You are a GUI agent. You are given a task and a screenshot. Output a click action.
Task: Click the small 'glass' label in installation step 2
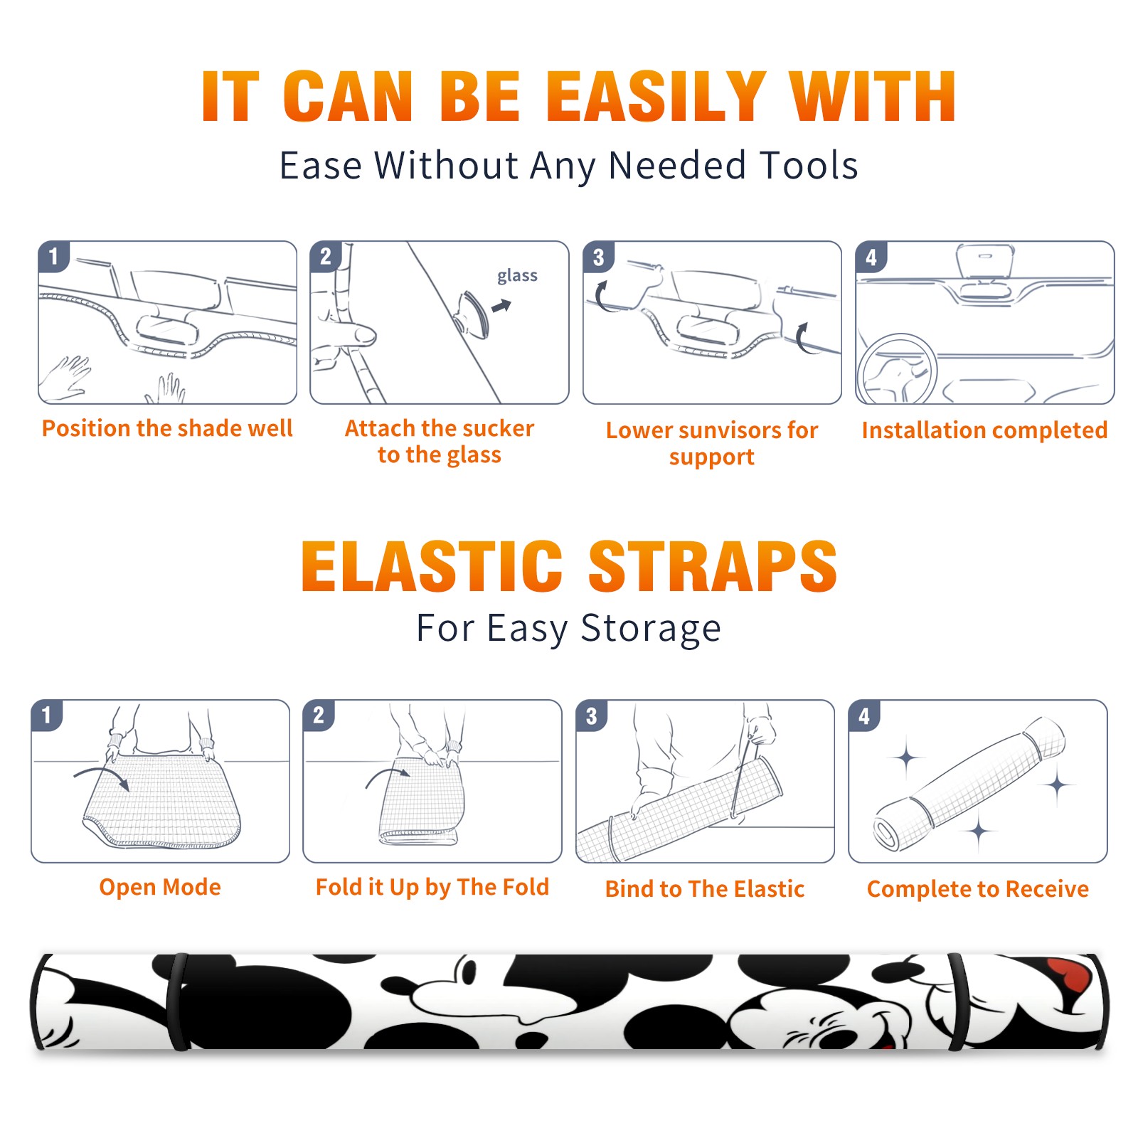517,276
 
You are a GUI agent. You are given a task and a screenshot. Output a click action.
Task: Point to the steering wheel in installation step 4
897,369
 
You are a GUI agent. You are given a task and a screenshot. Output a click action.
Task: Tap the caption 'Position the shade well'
167,428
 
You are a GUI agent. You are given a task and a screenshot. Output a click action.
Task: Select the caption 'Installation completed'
984,430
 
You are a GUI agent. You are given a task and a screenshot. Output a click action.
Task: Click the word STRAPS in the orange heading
713,566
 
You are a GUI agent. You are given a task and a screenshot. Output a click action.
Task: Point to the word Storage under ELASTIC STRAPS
651,629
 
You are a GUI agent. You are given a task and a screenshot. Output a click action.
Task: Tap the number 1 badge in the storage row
47,716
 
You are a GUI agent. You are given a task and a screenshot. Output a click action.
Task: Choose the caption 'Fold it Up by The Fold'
432,887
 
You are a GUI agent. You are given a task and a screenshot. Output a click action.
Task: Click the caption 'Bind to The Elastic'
705,889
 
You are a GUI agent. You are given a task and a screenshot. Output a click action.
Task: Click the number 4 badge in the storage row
864,716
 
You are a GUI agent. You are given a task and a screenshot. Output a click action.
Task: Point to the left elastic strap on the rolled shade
178,1002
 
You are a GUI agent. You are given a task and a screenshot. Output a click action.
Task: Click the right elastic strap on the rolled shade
959,1002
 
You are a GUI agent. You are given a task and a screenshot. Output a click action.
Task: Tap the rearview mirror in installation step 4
985,262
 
